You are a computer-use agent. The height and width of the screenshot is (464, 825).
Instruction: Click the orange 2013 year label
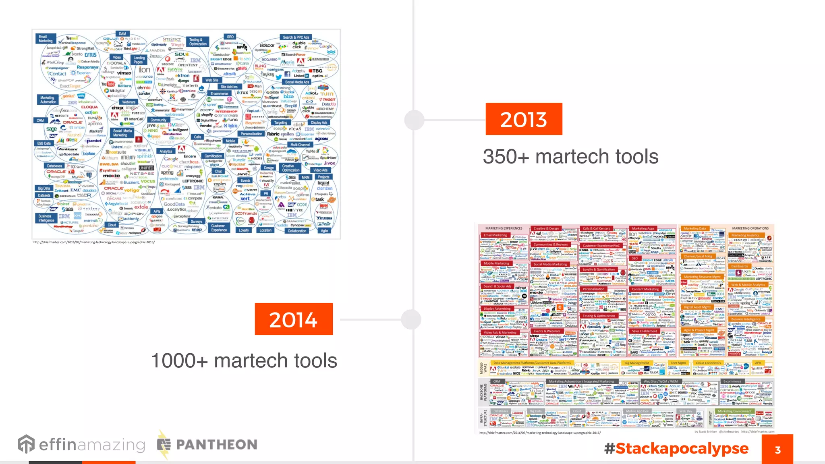pos(523,119)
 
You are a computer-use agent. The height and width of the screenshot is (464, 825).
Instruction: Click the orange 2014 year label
pos(293,319)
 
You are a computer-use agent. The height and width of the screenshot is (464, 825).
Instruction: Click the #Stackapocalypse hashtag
pos(676,448)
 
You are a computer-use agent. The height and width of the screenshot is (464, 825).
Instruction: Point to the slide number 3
pos(777,449)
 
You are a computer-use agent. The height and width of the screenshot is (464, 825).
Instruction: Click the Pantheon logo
pos(207,444)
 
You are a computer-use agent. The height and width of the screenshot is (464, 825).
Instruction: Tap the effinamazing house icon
pos(26,444)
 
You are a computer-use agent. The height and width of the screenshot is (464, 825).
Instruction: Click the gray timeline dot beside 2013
pos(414,120)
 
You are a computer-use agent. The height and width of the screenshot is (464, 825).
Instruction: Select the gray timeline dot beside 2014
pos(411,320)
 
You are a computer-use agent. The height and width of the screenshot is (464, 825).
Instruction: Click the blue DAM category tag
pos(122,34)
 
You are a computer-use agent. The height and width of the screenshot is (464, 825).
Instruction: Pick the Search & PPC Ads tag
pos(296,37)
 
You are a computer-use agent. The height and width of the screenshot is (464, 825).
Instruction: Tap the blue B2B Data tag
pos(44,143)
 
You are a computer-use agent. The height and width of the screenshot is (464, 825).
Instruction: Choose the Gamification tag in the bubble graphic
pos(213,156)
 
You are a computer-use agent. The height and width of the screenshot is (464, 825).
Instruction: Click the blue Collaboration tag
pos(297,231)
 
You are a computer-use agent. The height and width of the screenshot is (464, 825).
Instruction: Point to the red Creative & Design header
pos(546,228)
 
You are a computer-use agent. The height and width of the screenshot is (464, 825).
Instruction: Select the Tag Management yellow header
pos(636,363)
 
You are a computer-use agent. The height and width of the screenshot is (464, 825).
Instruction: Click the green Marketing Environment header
pos(734,411)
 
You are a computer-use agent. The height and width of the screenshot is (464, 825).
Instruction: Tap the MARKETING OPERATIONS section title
pos(750,228)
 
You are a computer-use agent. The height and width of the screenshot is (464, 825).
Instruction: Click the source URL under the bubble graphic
pos(94,242)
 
